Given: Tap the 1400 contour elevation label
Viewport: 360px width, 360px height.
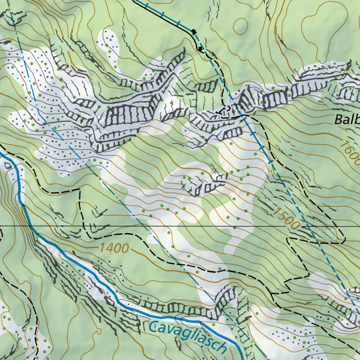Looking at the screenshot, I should coord(114,248).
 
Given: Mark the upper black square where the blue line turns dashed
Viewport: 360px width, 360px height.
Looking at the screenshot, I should coord(194,32).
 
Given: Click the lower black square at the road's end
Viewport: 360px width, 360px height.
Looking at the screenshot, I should coord(200,48).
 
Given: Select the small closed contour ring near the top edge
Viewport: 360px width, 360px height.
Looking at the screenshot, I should coord(240,26).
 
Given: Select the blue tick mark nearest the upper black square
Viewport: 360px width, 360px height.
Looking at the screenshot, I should coord(179,23).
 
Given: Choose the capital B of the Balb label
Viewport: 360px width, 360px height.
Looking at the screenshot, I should coord(339,120).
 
